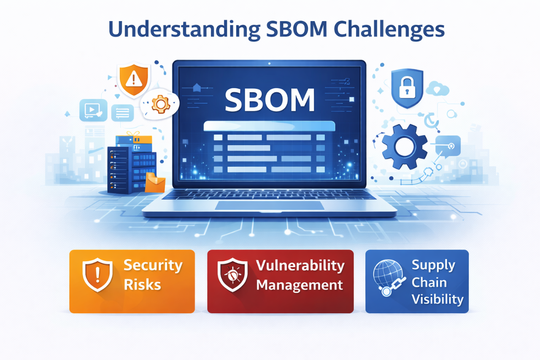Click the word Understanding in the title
184,30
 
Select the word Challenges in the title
389,30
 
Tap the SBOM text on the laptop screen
270,100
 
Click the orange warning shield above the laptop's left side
134,80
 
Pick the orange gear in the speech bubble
161,104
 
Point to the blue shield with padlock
407,88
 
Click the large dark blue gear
405,146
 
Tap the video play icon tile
93,110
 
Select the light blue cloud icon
437,89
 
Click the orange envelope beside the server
155,182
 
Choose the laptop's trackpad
270,206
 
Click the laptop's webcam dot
269,63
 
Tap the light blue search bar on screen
269,126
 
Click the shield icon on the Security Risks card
97,275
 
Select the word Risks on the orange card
142,285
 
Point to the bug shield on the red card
232,275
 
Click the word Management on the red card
300,285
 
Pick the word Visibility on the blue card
437,300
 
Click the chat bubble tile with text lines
122,113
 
